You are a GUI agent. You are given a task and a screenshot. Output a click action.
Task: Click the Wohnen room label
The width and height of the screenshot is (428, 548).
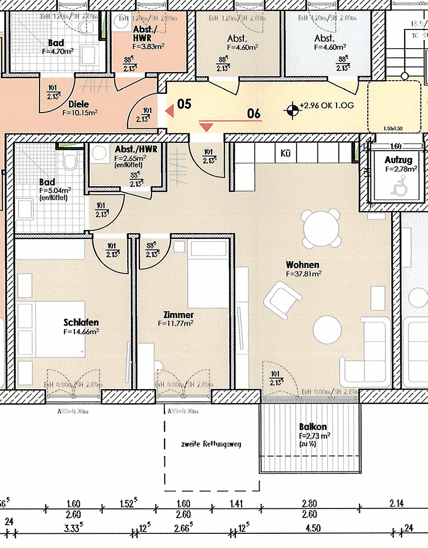tap(302, 265)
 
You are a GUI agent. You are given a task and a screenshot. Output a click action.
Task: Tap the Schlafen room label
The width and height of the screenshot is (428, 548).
tap(81, 323)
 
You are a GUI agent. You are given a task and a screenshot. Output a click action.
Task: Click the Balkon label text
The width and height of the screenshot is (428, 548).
tap(312, 427)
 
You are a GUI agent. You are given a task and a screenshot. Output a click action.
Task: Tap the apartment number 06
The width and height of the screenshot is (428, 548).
tap(254, 113)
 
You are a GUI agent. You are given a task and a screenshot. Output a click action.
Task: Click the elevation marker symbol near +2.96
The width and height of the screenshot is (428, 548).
tap(292, 108)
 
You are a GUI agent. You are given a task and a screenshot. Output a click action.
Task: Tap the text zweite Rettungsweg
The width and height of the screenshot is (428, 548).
tap(210, 444)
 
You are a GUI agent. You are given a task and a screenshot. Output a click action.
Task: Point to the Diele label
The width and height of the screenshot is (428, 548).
tap(79, 105)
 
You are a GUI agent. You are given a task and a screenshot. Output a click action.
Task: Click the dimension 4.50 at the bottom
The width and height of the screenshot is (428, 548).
tap(313, 529)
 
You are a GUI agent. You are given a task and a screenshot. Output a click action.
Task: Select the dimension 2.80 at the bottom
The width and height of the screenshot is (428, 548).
tap(309, 504)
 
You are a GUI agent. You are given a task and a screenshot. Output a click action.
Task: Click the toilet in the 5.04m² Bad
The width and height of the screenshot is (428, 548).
tap(69, 161)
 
